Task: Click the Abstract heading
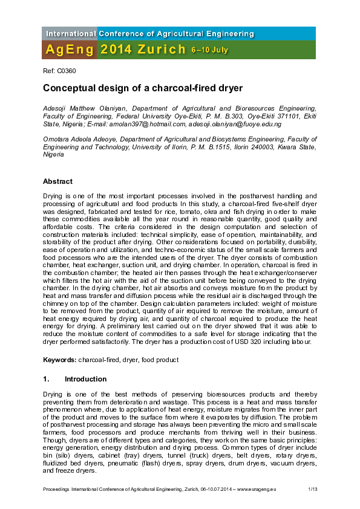(57, 181)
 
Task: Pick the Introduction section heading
(85, 379)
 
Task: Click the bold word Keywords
(59, 360)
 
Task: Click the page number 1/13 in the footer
(312, 488)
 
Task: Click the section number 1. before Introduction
(46, 379)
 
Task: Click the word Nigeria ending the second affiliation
(53, 154)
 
